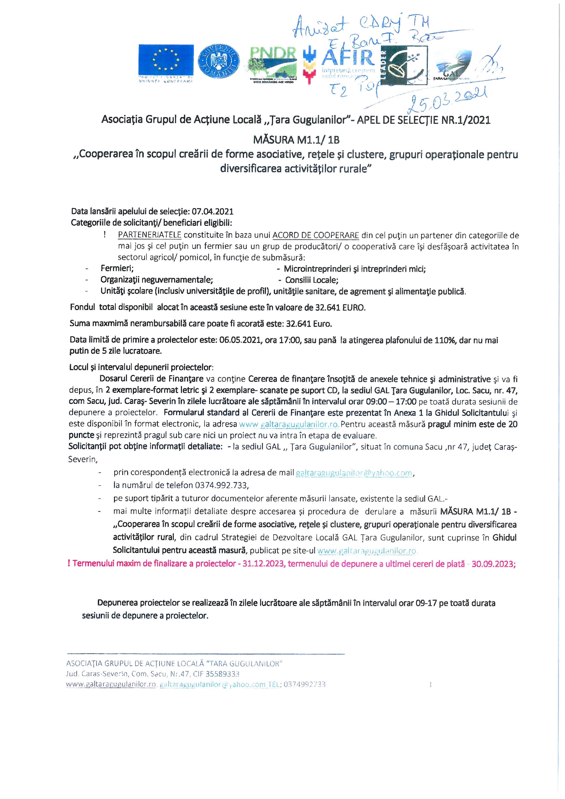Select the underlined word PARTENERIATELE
[150, 235]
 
